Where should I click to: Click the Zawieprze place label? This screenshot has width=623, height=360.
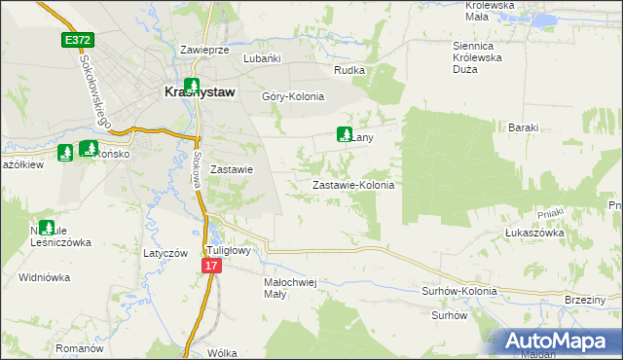[204, 50]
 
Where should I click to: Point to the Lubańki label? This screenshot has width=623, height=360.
[262, 58]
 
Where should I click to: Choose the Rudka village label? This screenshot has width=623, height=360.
[349, 70]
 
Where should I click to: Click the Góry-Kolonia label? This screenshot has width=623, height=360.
[293, 96]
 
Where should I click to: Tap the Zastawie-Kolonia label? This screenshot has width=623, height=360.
[352, 184]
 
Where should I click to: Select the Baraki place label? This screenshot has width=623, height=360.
[524, 127]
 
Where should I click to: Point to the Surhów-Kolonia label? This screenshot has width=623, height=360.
[458, 291]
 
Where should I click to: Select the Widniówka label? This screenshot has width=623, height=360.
[45, 277]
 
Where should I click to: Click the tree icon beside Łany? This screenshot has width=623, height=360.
[344, 134]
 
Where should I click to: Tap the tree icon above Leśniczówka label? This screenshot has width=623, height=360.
[46, 227]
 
